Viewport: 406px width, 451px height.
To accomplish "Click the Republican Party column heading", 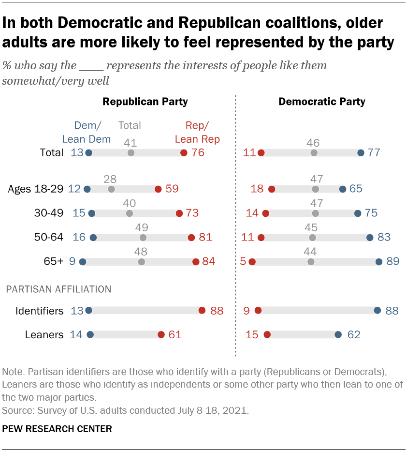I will coord(145,102).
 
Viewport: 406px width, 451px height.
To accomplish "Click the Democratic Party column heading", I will coord(322,102).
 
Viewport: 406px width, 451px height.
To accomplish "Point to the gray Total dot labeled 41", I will coord(130,152).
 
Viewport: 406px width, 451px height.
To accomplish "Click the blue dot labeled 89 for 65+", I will coord(378,262).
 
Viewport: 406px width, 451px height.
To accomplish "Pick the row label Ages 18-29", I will coord(36,189).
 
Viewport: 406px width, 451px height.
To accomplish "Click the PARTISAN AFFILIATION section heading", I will coord(58,289).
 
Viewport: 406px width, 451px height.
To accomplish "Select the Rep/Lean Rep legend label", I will coord(197,133).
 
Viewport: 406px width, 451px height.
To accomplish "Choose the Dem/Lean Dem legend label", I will coord(87,133).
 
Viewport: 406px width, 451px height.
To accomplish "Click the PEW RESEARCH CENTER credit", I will coord(57,429).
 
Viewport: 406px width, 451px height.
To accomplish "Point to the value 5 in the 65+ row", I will coord(243,262).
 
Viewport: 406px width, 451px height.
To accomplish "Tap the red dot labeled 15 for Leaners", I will coord(267,334).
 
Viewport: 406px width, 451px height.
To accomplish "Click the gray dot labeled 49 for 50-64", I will coord(143,237).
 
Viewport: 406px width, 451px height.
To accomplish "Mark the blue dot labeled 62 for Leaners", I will coord(338,334).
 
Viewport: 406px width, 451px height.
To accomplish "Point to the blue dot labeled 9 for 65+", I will coord(82,262).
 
